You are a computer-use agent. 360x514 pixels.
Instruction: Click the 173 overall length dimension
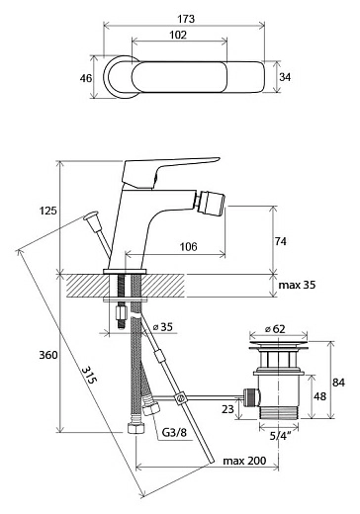(186, 19)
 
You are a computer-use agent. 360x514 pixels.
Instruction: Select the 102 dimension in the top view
(178, 35)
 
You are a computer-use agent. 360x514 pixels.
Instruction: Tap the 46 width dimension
(86, 78)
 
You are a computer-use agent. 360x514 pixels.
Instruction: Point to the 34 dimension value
(285, 77)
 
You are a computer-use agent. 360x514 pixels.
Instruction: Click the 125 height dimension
(48, 211)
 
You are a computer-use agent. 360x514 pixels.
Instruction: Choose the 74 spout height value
(281, 241)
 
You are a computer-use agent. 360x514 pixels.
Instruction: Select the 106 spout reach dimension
(188, 246)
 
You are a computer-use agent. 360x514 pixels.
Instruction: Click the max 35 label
(297, 285)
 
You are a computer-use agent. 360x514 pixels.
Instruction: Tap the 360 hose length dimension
(48, 355)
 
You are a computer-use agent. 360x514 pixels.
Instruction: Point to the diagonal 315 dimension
(89, 375)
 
